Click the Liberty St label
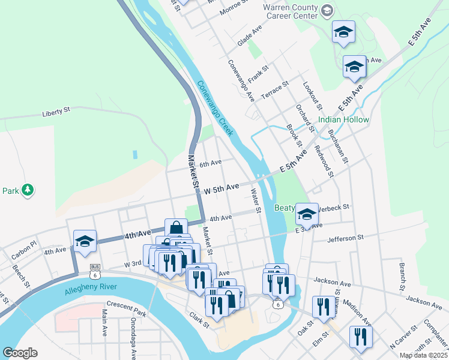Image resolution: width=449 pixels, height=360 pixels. tap(56, 112)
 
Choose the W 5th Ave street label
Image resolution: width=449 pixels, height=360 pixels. tap(221, 189)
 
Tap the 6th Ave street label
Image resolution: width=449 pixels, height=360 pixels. tap(211, 163)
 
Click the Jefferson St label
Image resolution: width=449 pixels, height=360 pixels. tap(345, 238)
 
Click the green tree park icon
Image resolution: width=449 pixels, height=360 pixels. tap(27, 190)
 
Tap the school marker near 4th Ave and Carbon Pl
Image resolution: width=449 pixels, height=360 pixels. tap(85, 241)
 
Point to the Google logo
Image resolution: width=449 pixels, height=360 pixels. tap(20, 353)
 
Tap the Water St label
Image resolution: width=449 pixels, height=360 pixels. tap(256, 202)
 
